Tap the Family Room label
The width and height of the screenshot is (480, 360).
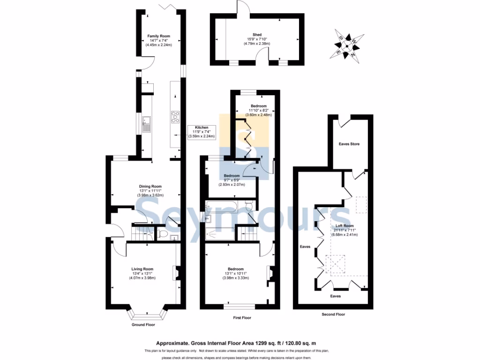click(158, 36)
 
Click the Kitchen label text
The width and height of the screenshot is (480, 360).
click(202, 127)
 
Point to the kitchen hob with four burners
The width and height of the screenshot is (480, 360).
click(176, 116)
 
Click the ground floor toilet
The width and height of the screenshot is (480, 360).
click(163, 233)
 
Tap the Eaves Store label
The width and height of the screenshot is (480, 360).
click(349, 144)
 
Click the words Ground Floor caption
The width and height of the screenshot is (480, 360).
click(143, 324)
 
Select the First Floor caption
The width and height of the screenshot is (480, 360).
click(242, 318)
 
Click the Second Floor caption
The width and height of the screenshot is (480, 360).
click(333, 315)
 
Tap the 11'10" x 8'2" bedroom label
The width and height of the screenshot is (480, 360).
click(258, 110)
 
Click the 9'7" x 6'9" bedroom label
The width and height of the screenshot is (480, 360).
click(232, 176)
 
